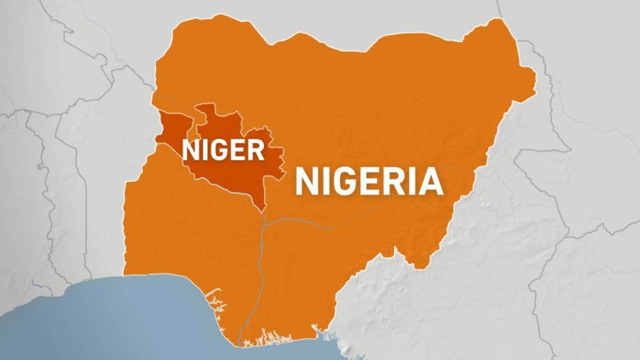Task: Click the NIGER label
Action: click(x=223, y=150)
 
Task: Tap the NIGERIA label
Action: click(x=369, y=182)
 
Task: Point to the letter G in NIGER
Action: click(x=219, y=150)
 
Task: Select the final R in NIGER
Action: click(x=256, y=150)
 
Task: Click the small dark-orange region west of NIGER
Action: click(x=173, y=128)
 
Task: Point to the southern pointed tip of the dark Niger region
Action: click(x=262, y=209)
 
